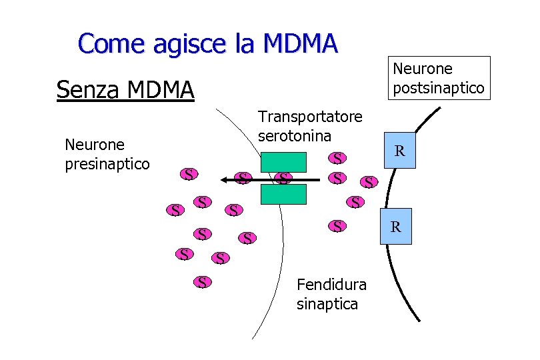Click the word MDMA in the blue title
pyautogui.click(x=301, y=44)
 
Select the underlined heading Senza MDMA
pyautogui.click(x=125, y=89)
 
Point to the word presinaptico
pyautogui.click(x=107, y=163)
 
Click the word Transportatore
pyautogui.click(x=310, y=117)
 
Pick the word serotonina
pyautogui.click(x=294, y=135)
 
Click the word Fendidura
pyautogui.click(x=331, y=285)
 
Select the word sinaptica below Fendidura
pyautogui.click(x=327, y=304)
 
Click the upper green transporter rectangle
pyautogui.click(x=283, y=162)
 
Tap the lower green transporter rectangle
pyautogui.click(x=283, y=194)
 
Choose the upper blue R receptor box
pyautogui.click(x=399, y=152)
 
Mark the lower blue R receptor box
pyautogui.click(x=395, y=227)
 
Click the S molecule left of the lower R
pyautogui.click(x=339, y=226)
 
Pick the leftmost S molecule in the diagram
pyautogui.click(x=175, y=211)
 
